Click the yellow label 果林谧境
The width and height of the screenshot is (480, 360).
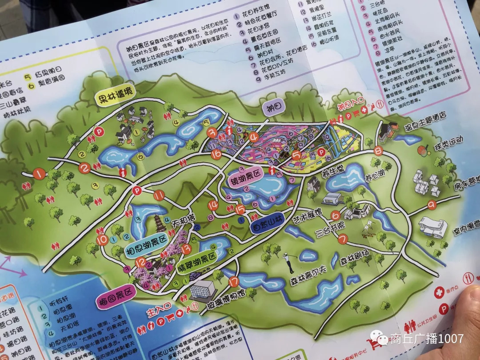[115, 98]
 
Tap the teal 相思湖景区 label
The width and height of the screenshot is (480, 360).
[147, 242]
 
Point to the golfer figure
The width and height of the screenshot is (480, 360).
[289, 263]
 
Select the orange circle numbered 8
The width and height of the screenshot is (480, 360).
[378, 150]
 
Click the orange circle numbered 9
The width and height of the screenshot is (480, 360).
[431, 205]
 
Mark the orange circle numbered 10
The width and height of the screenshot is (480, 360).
[103, 240]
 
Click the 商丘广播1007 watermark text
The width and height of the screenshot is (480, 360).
[427, 339]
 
